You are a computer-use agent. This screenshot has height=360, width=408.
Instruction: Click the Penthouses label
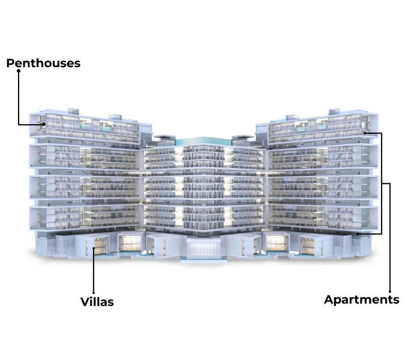(x=43, y=63)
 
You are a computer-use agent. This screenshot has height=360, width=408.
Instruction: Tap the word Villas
(x=97, y=302)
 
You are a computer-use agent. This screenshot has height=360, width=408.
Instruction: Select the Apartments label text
(x=361, y=300)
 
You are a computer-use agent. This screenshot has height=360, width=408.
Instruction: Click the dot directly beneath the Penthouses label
(x=19, y=71)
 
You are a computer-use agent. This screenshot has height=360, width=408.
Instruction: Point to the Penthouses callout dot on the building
(x=44, y=124)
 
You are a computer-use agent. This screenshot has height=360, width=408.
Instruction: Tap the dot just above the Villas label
(x=94, y=293)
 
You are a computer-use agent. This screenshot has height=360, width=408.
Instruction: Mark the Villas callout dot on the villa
(x=94, y=248)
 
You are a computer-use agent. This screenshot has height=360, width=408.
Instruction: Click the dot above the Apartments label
(x=390, y=292)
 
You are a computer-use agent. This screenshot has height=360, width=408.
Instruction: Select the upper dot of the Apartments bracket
(x=365, y=133)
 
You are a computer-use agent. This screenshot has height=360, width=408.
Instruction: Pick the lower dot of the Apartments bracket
(x=358, y=234)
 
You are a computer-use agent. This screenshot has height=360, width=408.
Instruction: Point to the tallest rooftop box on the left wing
(x=73, y=112)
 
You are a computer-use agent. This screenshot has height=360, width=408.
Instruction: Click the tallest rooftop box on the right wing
(x=334, y=112)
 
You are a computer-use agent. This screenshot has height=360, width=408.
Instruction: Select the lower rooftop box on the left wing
(x=115, y=116)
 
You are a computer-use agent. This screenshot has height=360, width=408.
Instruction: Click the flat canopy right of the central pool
(x=243, y=137)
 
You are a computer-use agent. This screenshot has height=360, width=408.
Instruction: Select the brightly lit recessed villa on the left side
(x=131, y=243)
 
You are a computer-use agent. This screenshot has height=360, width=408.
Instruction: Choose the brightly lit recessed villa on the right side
(x=277, y=243)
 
